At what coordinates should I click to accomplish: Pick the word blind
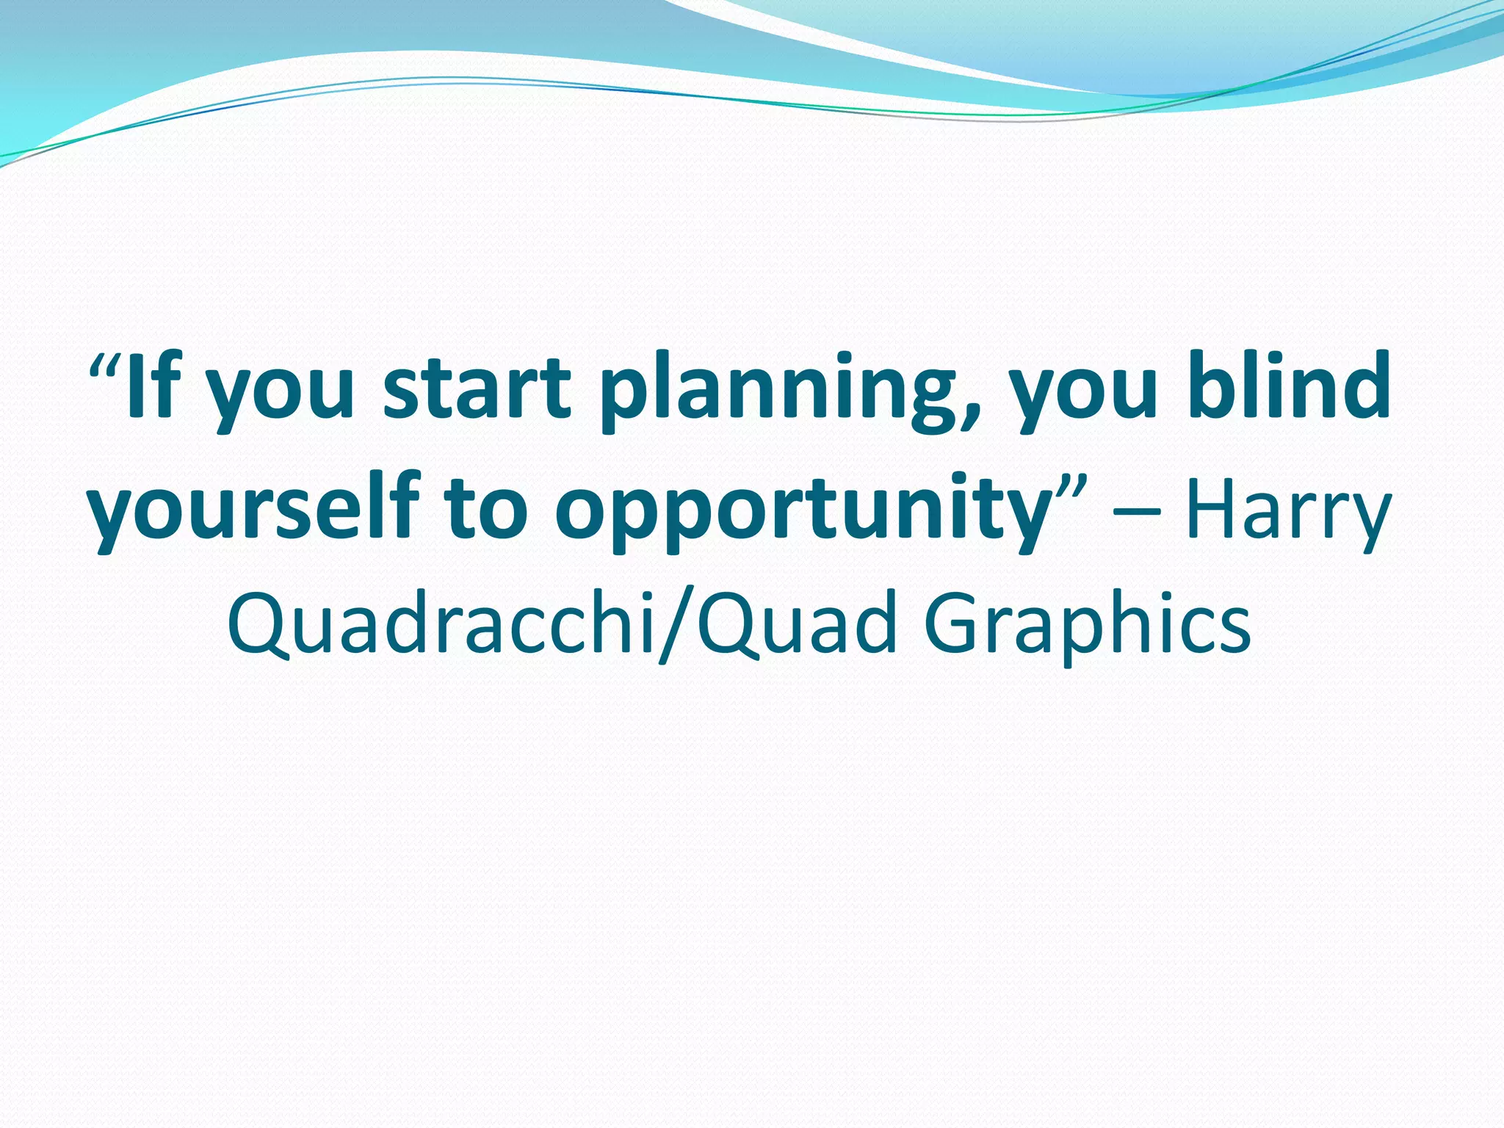1290,385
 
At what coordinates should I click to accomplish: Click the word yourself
253,507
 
